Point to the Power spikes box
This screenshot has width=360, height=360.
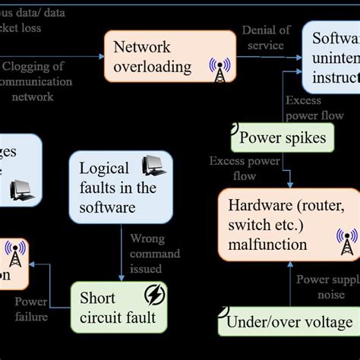(283, 137)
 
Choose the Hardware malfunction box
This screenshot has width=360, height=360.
(288, 224)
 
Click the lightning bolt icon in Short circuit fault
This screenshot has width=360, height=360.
(156, 295)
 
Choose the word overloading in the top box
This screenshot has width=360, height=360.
(153, 67)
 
